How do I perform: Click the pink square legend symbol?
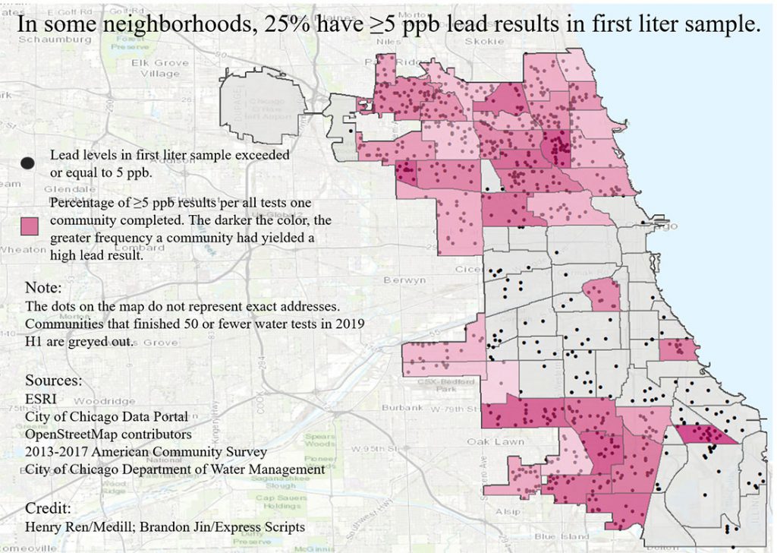(x=30, y=226)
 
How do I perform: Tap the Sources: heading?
(x=53, y=380)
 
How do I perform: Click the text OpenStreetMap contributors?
(x=108, y=434)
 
